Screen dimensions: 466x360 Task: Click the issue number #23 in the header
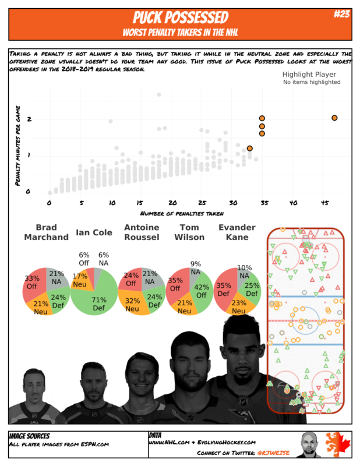pos(341,15)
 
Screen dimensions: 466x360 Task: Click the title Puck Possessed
pos(180,17)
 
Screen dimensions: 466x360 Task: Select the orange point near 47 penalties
pos(334,118)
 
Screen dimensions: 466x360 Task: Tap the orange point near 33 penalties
pos(249,149)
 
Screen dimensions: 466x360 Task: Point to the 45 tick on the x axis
pos(325,203)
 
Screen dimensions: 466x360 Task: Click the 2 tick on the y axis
pos(28,119)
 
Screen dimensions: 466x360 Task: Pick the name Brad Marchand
pos(46,232)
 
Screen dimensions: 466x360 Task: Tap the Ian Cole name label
pos(94,233)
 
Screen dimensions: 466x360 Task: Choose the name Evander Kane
pos(237,232)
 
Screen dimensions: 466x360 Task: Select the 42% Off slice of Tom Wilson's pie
pos(202,290)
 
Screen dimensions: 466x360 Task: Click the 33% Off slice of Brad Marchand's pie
pos(33,283)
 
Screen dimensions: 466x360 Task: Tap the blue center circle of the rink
pos(305,320)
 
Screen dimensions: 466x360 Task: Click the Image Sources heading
pos(29,436)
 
